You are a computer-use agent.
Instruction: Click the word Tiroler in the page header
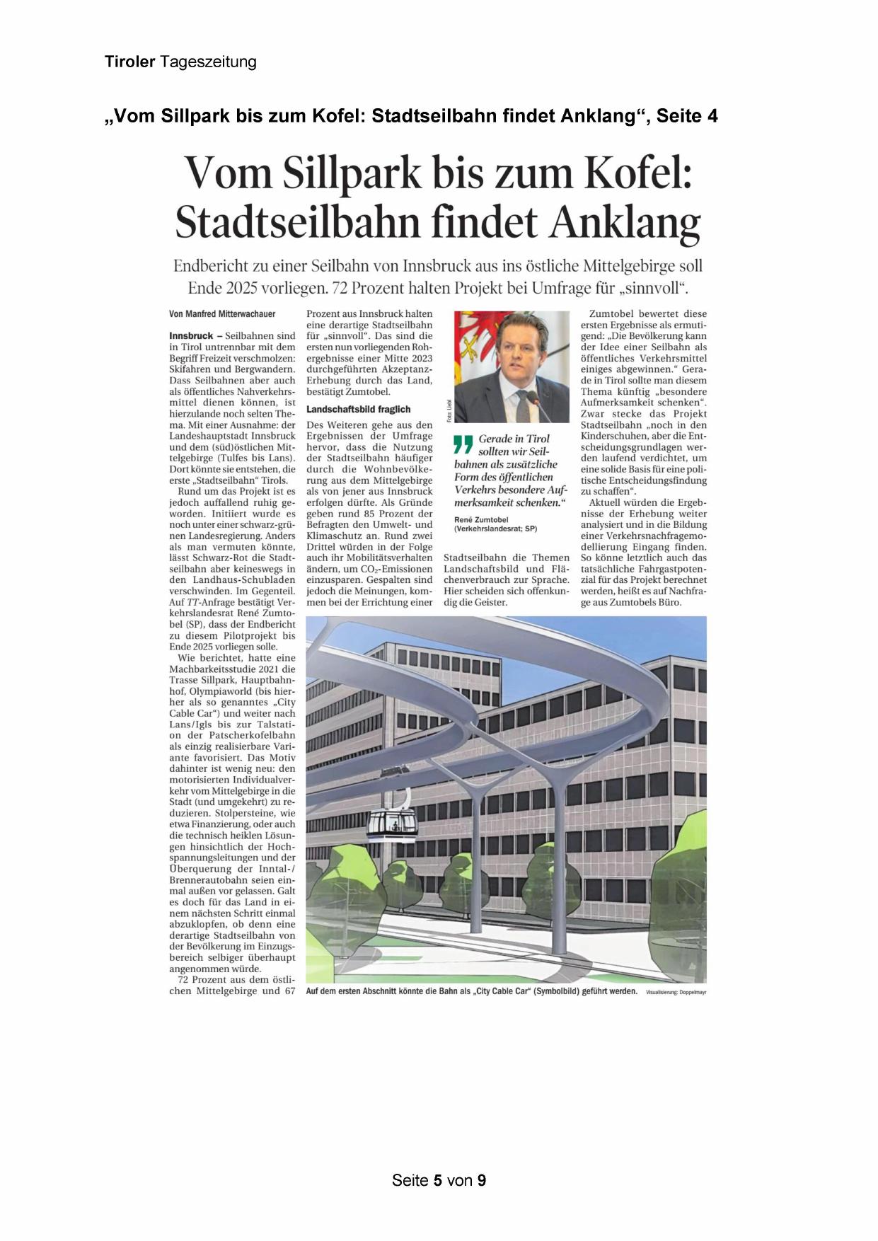pyautogui.click(x=129, y=62)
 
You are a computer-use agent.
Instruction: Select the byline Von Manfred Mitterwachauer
pyautogui.click(x=222, y=313)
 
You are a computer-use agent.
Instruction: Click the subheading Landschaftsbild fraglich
pyautogui.click(x=358, y=409)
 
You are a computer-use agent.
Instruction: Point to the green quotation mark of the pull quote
pyautogui.click(x=463, y=444)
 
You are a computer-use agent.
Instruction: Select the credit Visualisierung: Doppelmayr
pyautogui.click(x=676, y=993)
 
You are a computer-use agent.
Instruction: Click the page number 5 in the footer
pyautogui.click(x=438, y=1180)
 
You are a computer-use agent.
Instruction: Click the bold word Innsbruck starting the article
pyautogui.click(x=191, y=335)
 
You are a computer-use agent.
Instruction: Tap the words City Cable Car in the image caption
pyautogui.click(x=503, y=991)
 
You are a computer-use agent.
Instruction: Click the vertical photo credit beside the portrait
pyautogui.click(x=449, y=410)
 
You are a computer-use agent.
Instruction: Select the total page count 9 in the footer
pyautogui.click(x=481, y=1180)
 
